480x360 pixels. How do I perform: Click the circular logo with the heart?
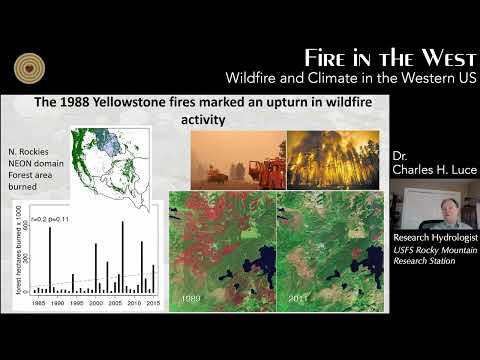[x=31, y=67]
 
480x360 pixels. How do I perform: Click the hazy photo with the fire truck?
[x=235, y=160]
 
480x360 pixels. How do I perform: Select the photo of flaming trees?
[x=333, y=160]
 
